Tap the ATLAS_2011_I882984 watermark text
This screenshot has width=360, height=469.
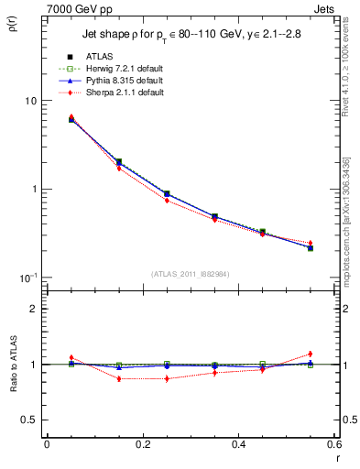coord(191,274)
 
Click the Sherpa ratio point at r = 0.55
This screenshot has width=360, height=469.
coord(311,354)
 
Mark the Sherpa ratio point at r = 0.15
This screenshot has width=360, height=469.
coord(118,378)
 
